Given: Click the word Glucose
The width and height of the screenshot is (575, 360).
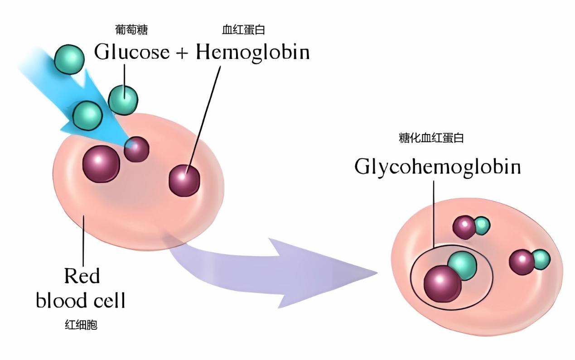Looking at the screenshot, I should point(131,53).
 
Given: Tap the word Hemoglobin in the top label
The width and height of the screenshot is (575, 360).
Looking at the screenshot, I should point(252,53).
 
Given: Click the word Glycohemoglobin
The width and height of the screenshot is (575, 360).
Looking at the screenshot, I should point(437,167).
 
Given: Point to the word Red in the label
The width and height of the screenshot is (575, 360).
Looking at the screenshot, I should point(82,275).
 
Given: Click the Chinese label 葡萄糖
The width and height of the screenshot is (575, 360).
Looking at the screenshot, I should point(131,30).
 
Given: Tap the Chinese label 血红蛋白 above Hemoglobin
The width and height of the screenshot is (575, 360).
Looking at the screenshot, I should point(243,30).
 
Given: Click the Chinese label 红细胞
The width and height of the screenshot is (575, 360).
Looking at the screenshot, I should point(81,325).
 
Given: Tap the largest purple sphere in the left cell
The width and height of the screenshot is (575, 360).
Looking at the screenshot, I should point(101,164).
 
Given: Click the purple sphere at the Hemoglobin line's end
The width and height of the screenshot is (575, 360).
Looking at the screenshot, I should point(184,181).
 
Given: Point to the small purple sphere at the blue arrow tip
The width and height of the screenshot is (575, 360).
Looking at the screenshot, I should point(136,149).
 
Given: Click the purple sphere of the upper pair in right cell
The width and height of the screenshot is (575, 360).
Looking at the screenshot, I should point(464,227).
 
